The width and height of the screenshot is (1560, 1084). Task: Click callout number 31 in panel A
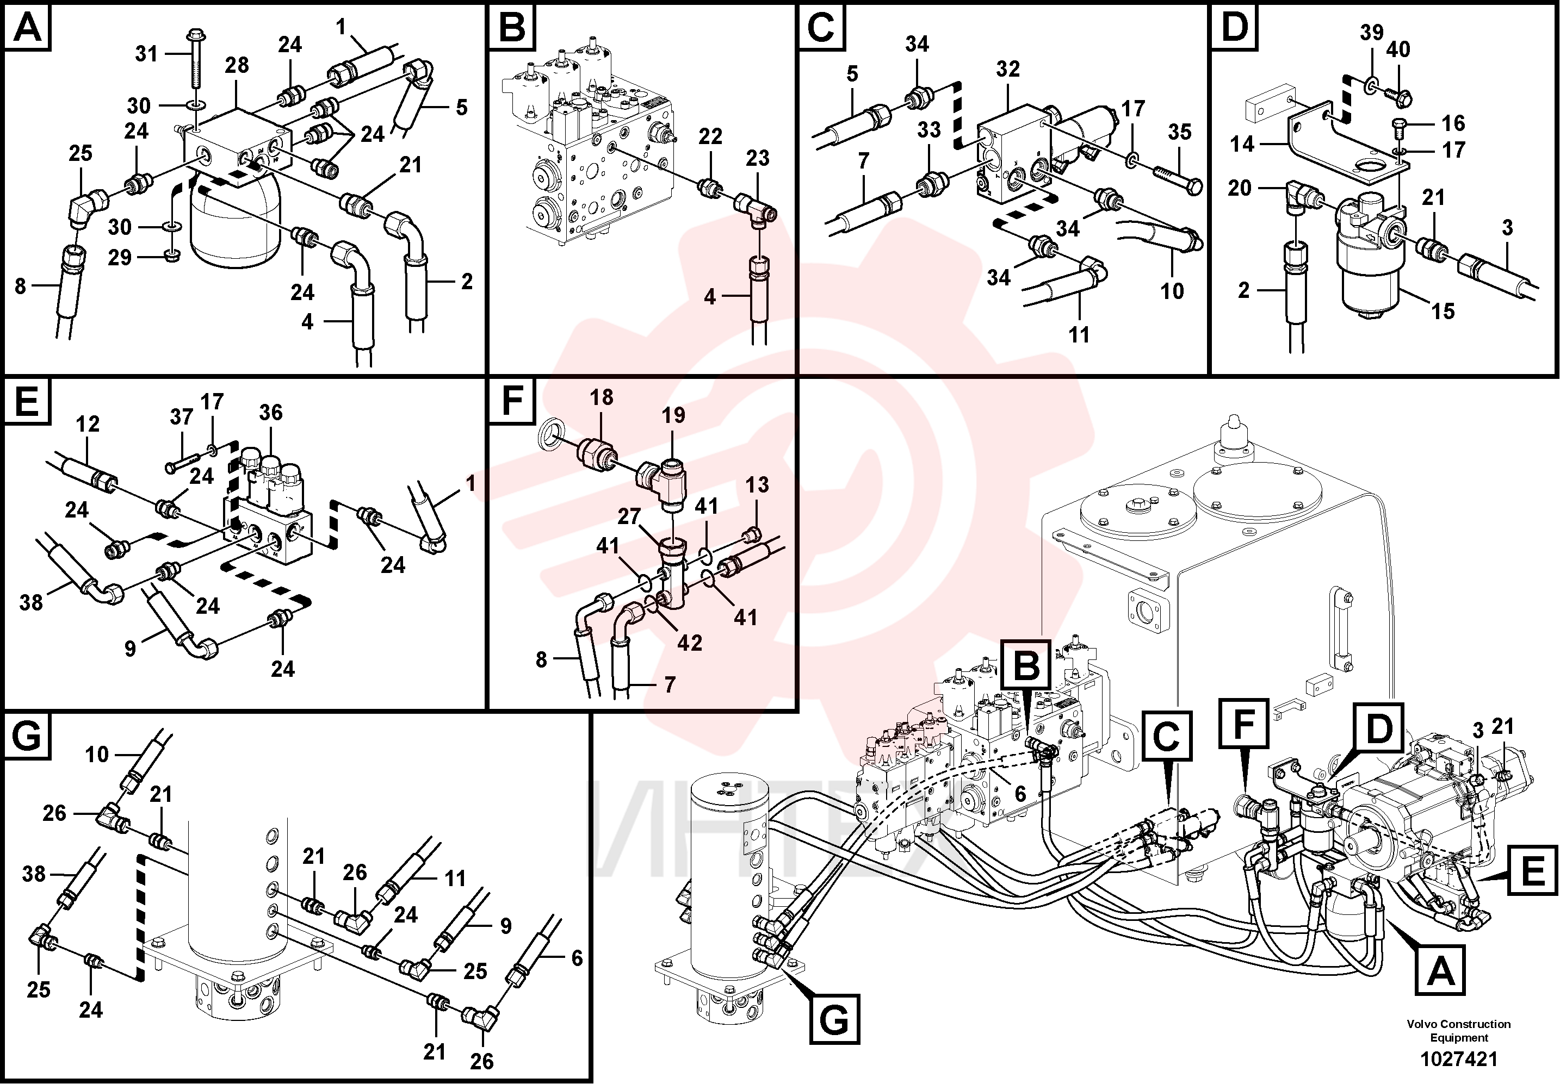(x=146, y=54)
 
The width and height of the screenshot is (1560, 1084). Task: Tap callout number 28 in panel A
(x=237, y=65)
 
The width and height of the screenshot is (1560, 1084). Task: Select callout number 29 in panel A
(x=120, y=258)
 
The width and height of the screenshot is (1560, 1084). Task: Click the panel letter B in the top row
(x=512, y=28)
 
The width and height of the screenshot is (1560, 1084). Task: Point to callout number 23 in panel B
(x=758, y=158)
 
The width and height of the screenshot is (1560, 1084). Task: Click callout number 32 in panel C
(x=1008, y=68)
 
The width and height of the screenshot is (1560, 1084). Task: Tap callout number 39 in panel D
(x=1372, y=32)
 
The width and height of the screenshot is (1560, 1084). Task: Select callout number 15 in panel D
(x=1443, y=311)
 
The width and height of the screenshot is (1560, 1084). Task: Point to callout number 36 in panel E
(x=271, y=412)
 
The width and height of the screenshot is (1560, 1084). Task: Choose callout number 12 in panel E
(x=88, y=424)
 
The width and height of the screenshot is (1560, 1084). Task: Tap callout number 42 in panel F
(x=690, y=643)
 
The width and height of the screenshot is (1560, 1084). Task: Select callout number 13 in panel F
(x=757, y=484)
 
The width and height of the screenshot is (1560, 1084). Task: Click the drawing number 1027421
(x=1459, y=1059)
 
